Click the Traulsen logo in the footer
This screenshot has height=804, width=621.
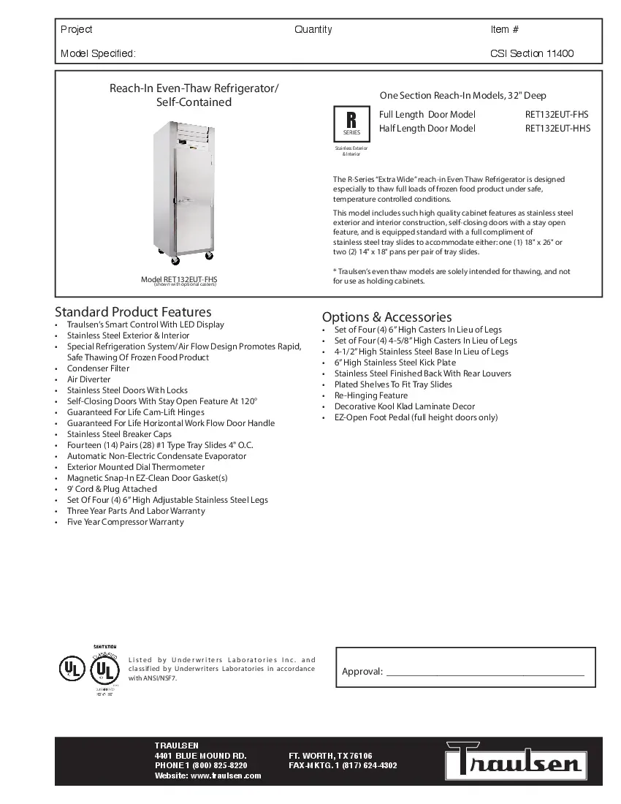click(x=517, y=761)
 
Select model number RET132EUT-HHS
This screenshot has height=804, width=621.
click(x=557, y=129)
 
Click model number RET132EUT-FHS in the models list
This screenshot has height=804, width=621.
click(x=557, y=115)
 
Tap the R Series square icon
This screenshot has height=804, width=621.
click(x=351, y=122)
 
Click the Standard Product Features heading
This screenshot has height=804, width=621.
click(x=133, y=312)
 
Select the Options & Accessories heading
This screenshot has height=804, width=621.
click(x=386, y=317)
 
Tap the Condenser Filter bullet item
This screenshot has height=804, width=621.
click(x=98, y=368)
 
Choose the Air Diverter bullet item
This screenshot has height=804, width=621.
click(x=89, y=379)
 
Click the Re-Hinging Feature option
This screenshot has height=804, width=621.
click(x=371, y=395)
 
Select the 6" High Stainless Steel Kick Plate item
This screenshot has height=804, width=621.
click(x=395, y=363)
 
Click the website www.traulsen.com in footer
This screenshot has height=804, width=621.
click(x=207, y=775)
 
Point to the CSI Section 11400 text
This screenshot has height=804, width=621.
click(x=532, y=53)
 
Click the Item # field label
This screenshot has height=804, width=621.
click(x=505, y=30)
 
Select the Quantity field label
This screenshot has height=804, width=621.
click(x=313, y=30)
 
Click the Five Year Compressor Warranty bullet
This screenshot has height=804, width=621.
click(x=126, y=522)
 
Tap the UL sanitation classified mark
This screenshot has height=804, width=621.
click(x=105, y=669)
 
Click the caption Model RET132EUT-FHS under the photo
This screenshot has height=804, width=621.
click(x=179, y=279)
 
